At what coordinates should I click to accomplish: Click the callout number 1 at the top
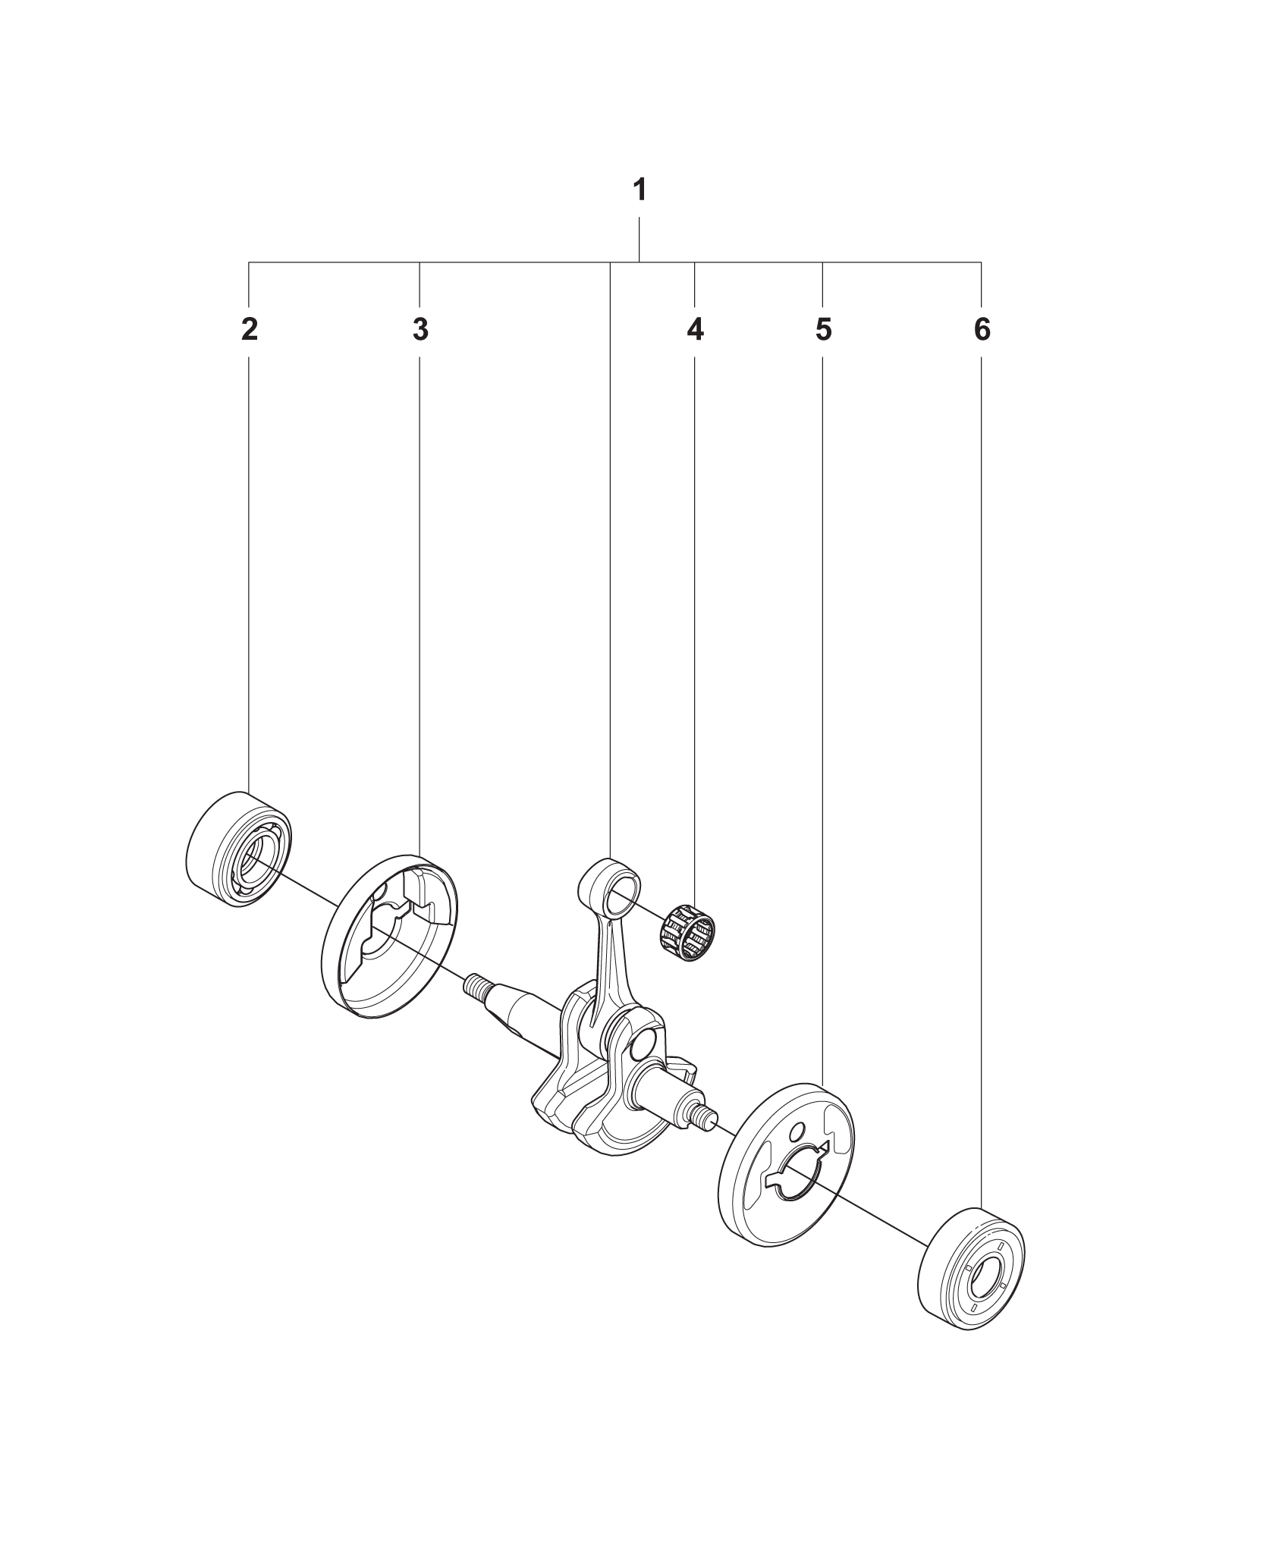pos(639,190)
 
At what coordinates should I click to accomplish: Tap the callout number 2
pos(249,330)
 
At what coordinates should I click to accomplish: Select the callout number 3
pos(420,330)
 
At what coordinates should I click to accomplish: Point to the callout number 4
pos(695,330)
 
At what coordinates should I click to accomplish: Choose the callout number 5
pos(823,330)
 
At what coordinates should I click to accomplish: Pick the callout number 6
pos(982,330)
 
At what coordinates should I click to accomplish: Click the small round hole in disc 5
pos(797,1155)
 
